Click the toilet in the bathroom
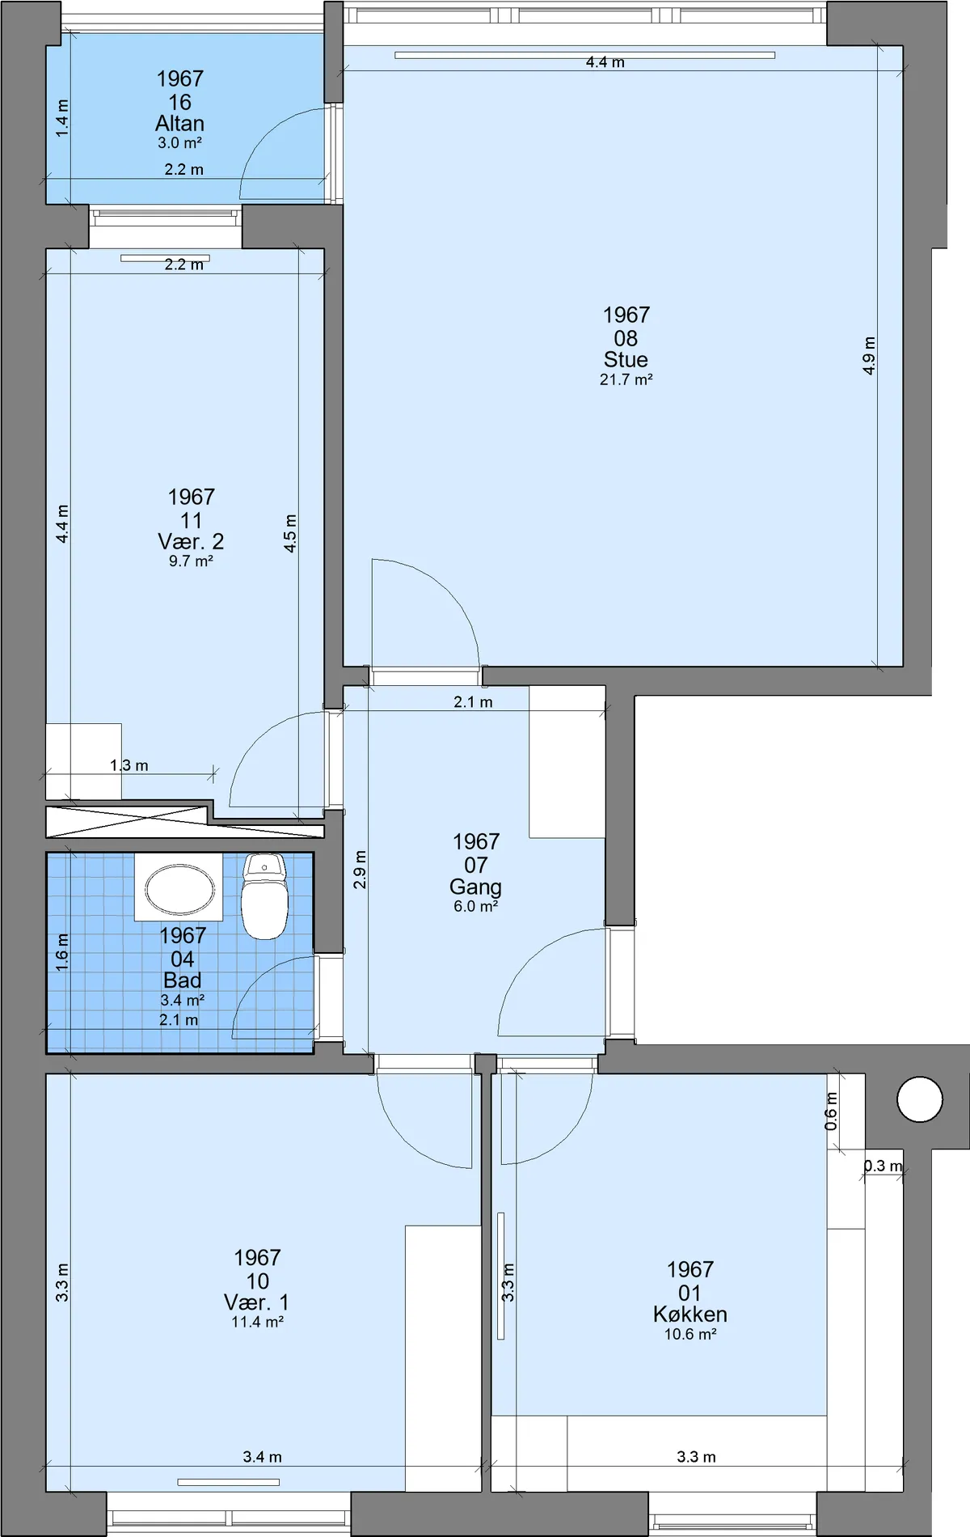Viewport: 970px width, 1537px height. coord(264,896)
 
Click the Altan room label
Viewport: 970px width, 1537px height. coord(179,123)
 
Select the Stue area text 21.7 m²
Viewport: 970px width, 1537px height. coord(626,379)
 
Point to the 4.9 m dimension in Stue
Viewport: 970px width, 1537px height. coord(869,355)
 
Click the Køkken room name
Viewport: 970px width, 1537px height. coord(690,1314)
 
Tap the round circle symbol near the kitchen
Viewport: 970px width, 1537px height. coord(920,1099)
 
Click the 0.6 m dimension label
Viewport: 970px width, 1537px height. coord(831,1111)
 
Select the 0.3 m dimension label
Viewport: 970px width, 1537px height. coord(883,1166)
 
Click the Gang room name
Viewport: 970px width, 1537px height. coord(475,887)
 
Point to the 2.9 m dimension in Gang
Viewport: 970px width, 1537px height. coord(360,870)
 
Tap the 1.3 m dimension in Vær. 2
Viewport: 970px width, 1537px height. coord(129,765)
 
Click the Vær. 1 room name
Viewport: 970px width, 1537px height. coord(256,1302)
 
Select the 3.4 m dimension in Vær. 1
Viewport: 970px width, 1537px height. coord(263,1457)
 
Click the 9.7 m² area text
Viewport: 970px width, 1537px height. coord(191,561)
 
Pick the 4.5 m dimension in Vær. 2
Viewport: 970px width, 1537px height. coord(291,533)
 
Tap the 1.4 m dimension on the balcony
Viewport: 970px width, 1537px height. coord(62,118)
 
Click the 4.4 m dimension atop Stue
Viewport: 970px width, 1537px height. coord(605,62)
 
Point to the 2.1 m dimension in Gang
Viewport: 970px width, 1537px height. coord(473,702)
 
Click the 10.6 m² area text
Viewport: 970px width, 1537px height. coord(690,1334)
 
